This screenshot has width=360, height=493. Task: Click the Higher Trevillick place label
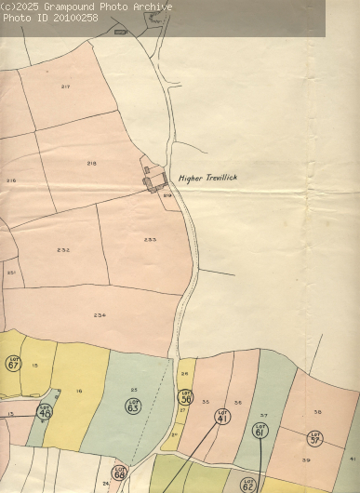[210, 178]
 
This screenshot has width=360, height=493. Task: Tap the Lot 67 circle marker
[13, 363]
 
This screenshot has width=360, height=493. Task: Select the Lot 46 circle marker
[45, 411]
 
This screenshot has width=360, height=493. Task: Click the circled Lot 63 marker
[133, 406]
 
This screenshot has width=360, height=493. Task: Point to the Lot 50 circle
[185, 396]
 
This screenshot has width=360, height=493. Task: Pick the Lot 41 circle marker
[222, 417]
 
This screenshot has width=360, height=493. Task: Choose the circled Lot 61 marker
[260, 430]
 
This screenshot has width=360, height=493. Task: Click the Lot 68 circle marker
[119, 473]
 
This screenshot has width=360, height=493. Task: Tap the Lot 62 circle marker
[247, 484]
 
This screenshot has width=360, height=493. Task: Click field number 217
[66, 87]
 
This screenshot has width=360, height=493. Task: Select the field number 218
[91, 163]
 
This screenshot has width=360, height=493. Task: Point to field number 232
[63, 249]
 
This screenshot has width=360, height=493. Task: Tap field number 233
[150, 239]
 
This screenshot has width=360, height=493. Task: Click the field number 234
[100, 314]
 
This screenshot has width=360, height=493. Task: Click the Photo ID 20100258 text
[49, 18]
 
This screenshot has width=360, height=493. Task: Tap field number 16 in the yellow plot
[79, 392]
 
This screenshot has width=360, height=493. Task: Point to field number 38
[317, 411]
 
